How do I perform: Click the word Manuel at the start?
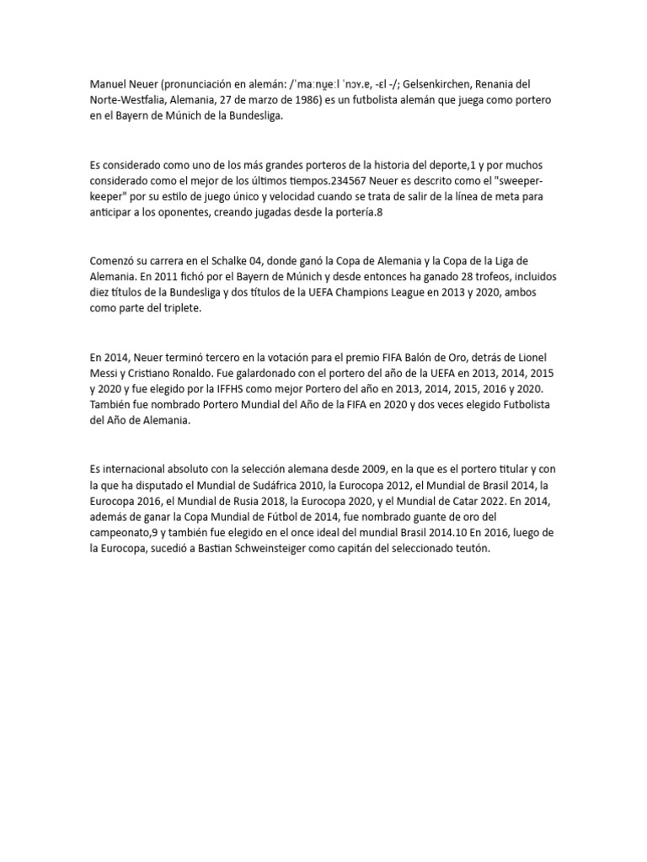pyautogui.click(x=106, y=86)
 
